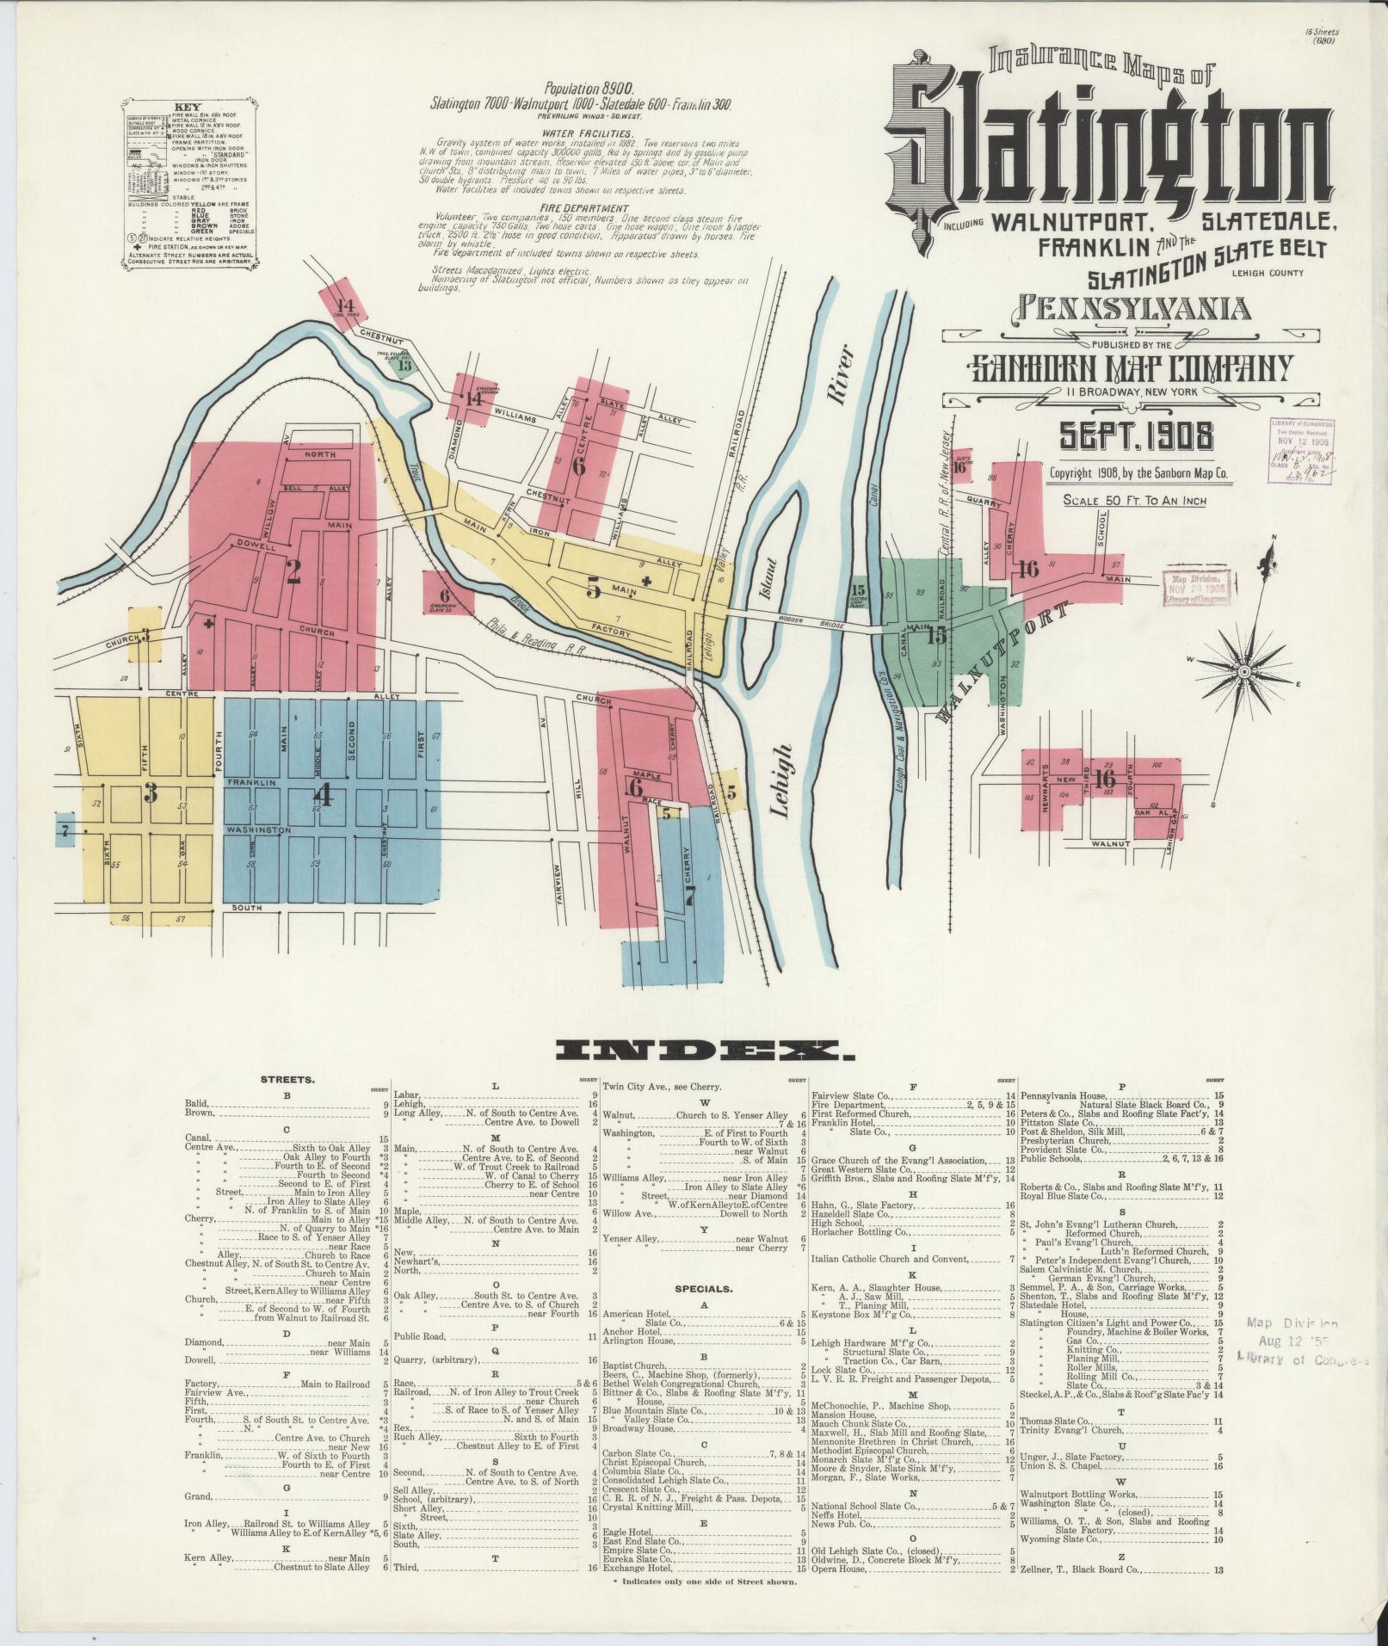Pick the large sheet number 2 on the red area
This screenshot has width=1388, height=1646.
click(x=293, y=571)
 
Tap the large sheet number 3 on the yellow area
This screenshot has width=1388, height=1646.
click(x=151, y=792)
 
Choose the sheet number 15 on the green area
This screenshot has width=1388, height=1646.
click(x=936, y=634)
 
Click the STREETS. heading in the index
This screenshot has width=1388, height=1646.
click(x=287, y=1078)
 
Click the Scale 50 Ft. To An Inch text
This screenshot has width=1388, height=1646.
click(x=1135, y=500)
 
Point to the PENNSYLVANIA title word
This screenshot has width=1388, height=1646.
click(x=1136, y=307)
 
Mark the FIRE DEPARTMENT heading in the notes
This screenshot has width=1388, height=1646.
click(x=580, y=208)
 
